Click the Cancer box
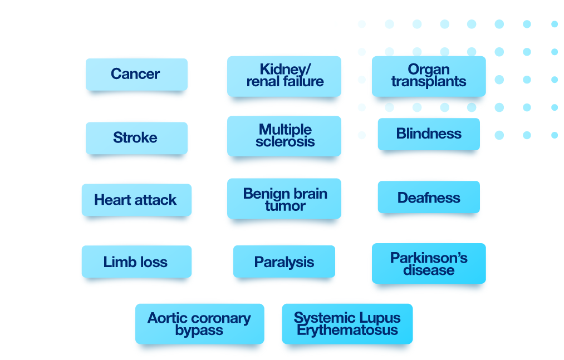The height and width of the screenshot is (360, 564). tap(136, 75)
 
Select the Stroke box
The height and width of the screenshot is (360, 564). tap(136, 138)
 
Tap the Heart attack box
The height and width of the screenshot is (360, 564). tap(136, 200)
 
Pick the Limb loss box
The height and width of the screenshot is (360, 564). tap(136, 262)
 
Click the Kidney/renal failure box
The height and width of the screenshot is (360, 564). tap(284, 76)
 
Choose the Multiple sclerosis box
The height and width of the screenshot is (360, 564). tap(284, 136)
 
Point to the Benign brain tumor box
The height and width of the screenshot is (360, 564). tap(284, 199)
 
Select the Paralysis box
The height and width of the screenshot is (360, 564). tap(284, 262)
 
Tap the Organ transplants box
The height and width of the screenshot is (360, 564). tap(429, 76)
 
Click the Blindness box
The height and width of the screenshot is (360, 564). tap(429, 134)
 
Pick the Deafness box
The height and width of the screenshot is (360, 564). tap(429, 198)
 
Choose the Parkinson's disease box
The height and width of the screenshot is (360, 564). tap(429, 264)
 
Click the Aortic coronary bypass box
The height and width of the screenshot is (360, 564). tap(199, 324)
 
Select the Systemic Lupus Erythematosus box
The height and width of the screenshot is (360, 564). tap(347, 324)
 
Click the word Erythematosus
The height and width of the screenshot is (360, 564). tap(347, 330)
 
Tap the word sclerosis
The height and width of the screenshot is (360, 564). tap(285, 142)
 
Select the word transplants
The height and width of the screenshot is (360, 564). tap(429, 82)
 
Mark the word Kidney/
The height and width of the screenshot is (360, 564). tap(285, 70)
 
